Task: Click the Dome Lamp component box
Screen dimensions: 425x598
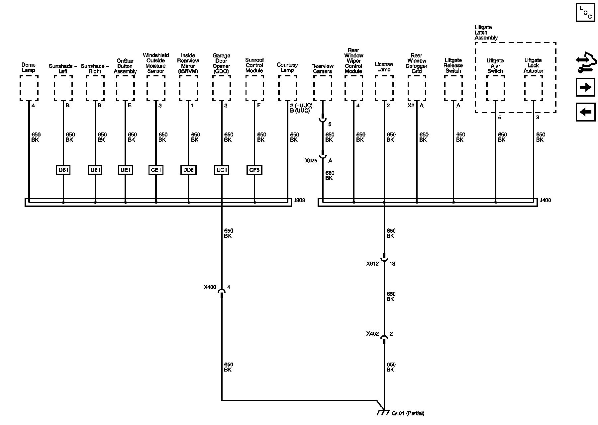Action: [x=29, y=88]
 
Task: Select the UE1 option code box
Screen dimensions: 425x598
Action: [x=125, y=170]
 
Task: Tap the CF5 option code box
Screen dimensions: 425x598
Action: [x=254, y=170]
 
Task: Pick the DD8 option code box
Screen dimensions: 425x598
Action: [x=188, y=170]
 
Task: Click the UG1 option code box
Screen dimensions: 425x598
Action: [x=222, y=170]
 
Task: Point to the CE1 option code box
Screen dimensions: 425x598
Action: [x=156, y=170]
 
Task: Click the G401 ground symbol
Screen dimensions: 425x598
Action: [x=383, y=412]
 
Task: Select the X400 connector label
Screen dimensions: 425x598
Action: [x=210, y=287]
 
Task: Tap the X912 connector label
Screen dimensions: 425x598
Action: [x=372, y=264]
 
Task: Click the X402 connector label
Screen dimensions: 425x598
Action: [x=372, y=334]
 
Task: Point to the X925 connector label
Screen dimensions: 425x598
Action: [x=311, y=161]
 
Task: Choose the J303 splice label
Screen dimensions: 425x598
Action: [x=299, y=200]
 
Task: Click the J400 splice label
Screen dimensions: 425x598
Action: [x=545, y=200]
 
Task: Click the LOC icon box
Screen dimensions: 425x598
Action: [x=585, y=13]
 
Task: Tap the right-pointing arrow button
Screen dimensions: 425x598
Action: [x=585, y=87]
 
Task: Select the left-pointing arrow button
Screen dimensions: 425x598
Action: [x=585, y=112]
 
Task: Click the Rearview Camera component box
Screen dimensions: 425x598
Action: [x=323, y=88]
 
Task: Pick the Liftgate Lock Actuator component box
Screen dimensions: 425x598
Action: [x=534, y=88]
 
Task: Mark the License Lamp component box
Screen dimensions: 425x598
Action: [x=384, y=88]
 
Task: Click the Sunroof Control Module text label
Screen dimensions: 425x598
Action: [x=254, y=65]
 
